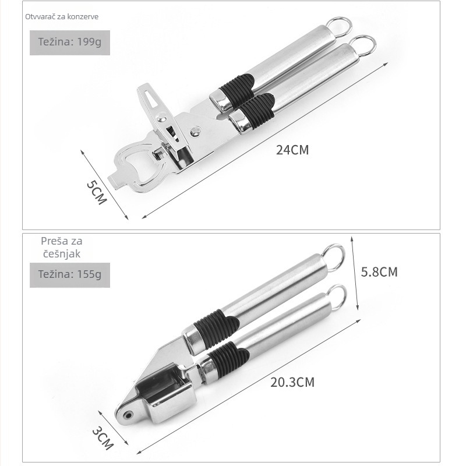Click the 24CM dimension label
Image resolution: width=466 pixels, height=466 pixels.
(292, 150)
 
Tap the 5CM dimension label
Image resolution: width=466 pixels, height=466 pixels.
(96, 192)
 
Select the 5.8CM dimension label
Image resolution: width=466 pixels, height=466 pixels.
(379, 272)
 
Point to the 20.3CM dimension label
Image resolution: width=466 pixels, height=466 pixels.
(292, 382)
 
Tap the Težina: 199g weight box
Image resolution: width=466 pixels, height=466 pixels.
(70, 43)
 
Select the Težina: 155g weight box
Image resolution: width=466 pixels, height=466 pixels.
(70, 275)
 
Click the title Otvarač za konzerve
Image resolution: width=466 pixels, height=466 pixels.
(62, 17)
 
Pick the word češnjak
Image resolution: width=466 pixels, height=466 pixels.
(62, 254)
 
